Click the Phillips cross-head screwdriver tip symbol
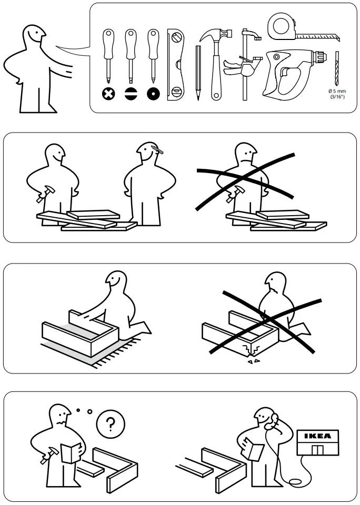pos(108,94)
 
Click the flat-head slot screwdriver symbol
pos(131,94)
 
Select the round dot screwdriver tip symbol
pos(153,94)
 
